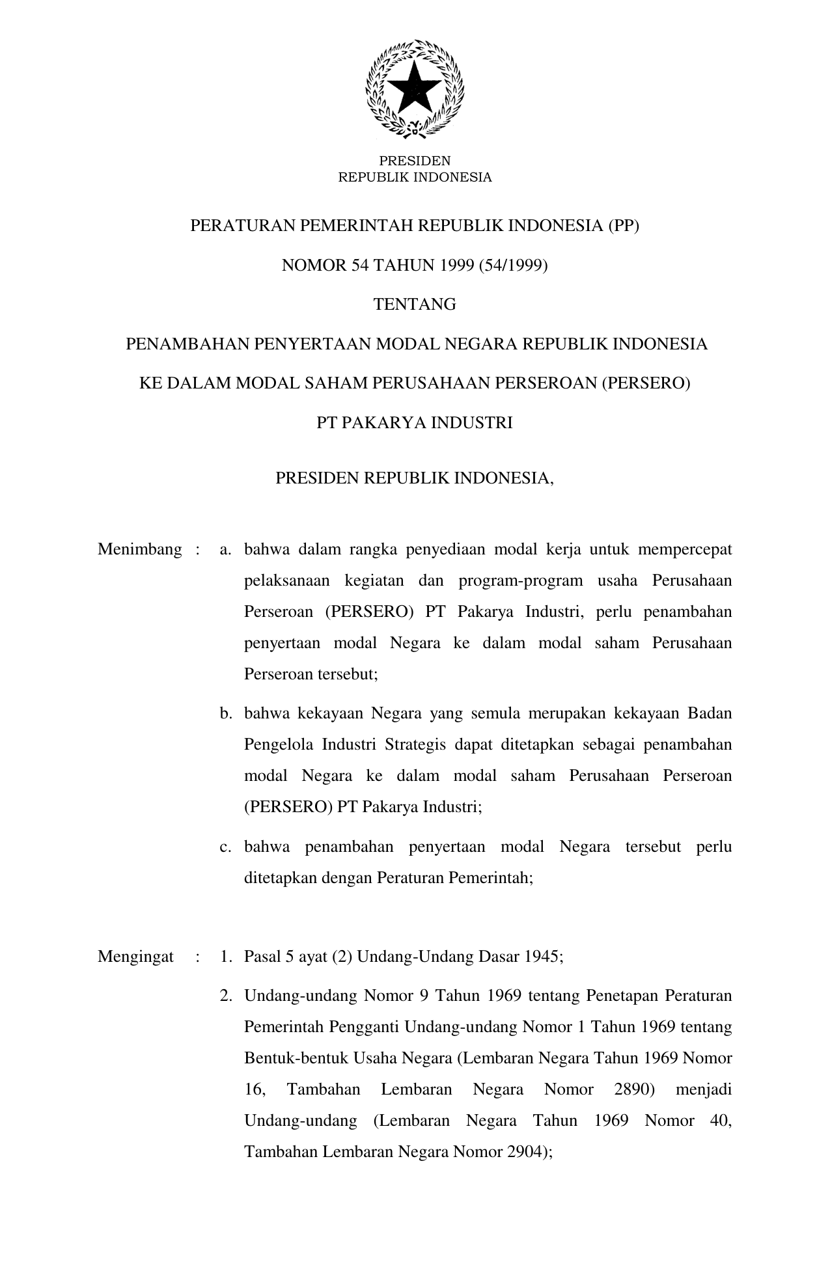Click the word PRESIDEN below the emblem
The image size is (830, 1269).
(415, 161)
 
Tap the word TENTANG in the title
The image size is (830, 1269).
(415, 304)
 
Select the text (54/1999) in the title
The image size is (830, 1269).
(514, 265)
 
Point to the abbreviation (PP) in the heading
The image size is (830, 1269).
(623, 226)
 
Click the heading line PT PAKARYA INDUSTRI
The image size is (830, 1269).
(415, 423)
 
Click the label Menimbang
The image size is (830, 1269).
(140, 549)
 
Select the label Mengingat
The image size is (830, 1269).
(135, 957)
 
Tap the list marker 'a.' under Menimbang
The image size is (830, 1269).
(226, 549)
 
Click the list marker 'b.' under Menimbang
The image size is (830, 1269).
(226, 713)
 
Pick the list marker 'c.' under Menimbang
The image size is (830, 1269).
(226, 847)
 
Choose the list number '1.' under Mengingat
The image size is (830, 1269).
(226, 957)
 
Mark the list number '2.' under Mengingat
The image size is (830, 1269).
(226, 996)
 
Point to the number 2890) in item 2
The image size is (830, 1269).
(634, 1089)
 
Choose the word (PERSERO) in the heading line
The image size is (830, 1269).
(645, 383)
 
